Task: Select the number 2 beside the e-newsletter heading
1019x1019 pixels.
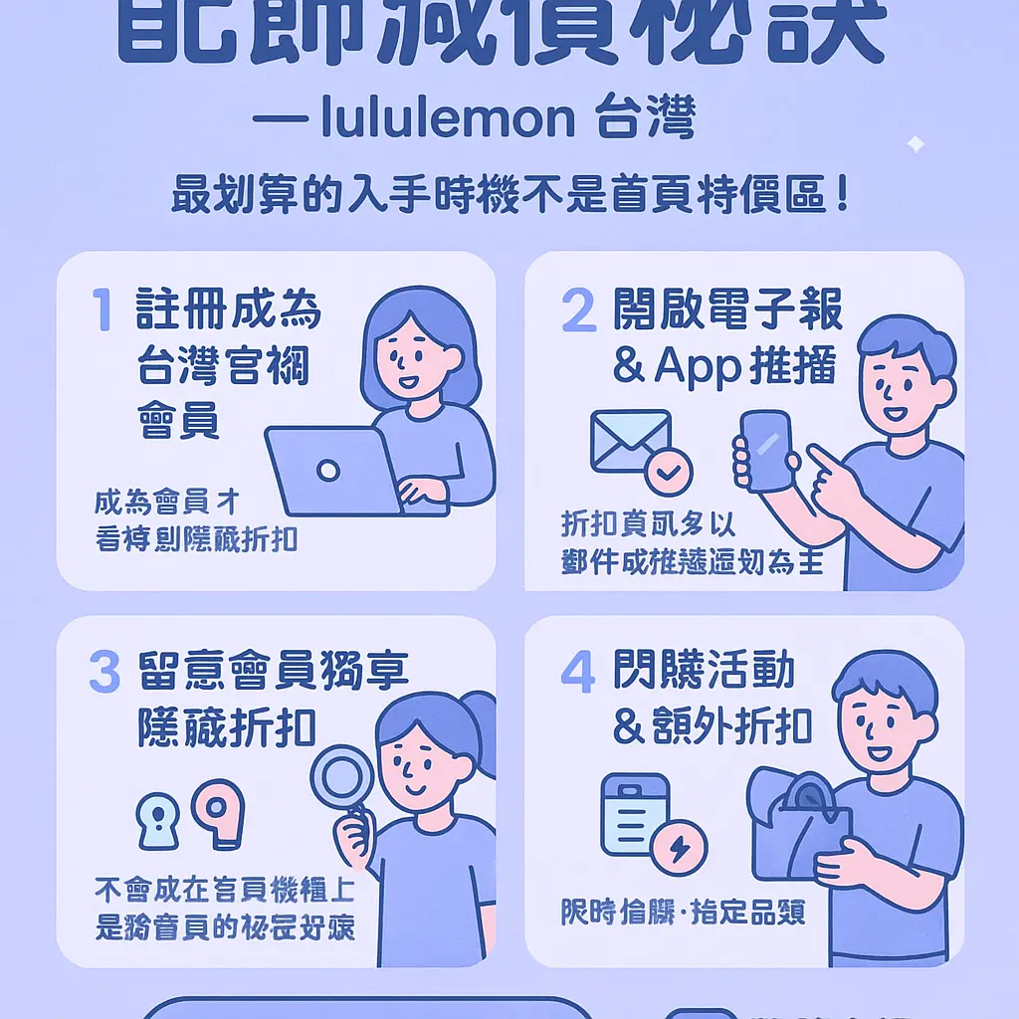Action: (579, 310)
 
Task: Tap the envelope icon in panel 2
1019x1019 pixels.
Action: (630, 439)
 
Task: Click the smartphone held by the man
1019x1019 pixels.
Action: (765, 450)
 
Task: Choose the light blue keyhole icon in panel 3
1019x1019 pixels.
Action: (158, 819)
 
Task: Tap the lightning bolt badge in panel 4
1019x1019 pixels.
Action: (679, 848)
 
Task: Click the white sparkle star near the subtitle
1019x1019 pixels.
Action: (915, 145)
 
